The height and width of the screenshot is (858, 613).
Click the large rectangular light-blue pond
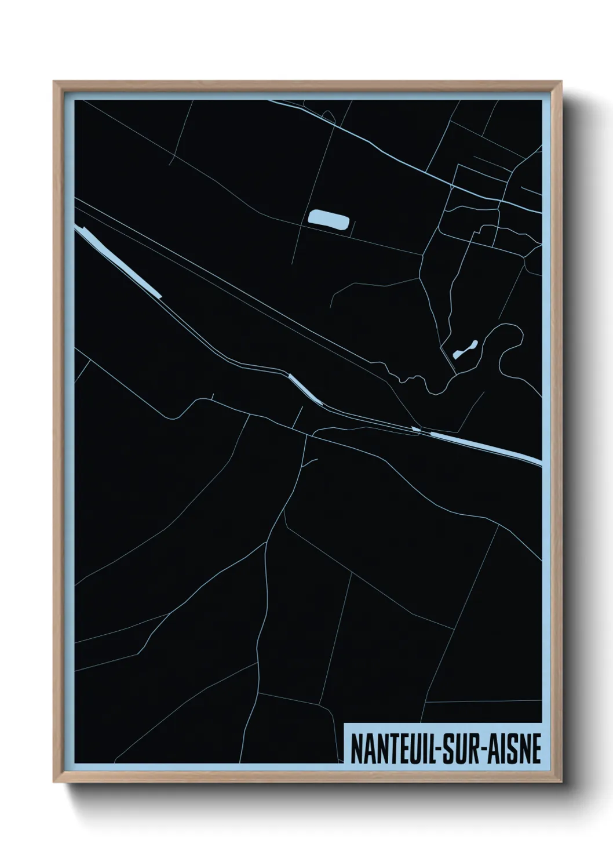point(329,220)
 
